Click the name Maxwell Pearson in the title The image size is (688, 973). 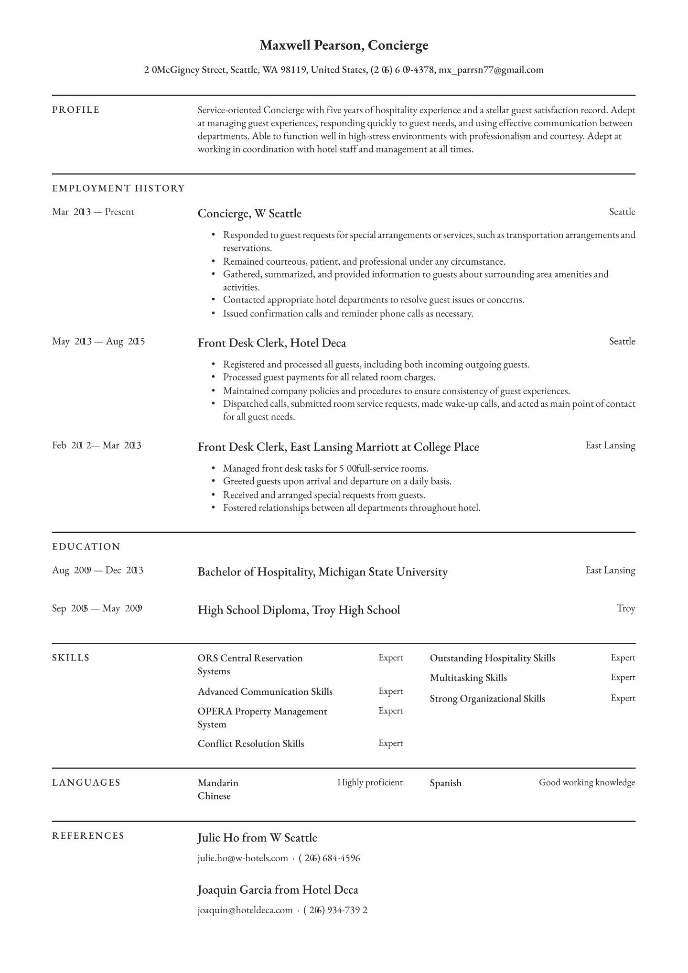pyautogui.click(x=311, y=45)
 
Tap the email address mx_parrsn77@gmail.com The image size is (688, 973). pyautogui.click(x=491, y=70)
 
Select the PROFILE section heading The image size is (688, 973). pyautogui.click(x=76, y=110)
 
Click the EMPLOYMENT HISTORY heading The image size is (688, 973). pyautogui.click(x=118, y=188)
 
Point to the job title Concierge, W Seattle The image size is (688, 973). pyautogui.click(x=249, y=213)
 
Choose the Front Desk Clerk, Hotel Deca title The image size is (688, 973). pyautogui.click(x=271, y=343)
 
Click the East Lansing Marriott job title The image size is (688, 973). pyautogui.click(x=338, y=447)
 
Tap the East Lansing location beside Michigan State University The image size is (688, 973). pyautogui.click(x=610, y=570)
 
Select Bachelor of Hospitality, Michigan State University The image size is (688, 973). pyautogui.click(x=322, y=572)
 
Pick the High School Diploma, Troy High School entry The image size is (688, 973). pyautogui.click(x=299, y=610)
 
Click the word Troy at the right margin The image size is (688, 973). pyautogui.click(x=625, y=608)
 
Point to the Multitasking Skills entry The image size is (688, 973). pyautogui.click(x=468, y=678)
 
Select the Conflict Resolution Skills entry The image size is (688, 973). pyautogui.click(x=251, y=744)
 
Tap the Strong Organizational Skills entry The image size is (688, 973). pyautogui.click(x=487, y=699)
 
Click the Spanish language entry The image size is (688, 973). pyautogui.click(x=445, y=783)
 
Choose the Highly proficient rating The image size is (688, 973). pyautogui.click(x=370, y=782)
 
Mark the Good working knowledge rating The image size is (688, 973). pyautogui.click(x=587, y=782)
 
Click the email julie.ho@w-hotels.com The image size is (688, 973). pyautogui.click(x=243, y=858)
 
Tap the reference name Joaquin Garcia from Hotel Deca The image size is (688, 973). pyautogui.click(x=278, y=890)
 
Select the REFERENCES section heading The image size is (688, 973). pyautogui.click(x=88, y=836)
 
